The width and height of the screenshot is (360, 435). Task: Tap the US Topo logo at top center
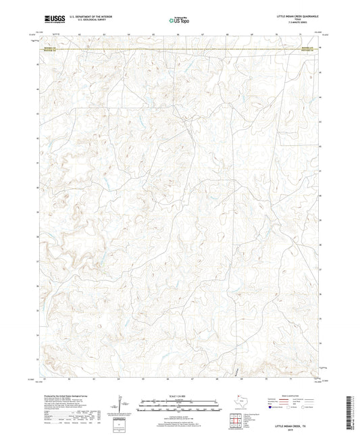point(178,20)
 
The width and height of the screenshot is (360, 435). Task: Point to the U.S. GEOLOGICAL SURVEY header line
point(88,20)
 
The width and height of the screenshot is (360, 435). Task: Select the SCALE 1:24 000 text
point(180,395)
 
